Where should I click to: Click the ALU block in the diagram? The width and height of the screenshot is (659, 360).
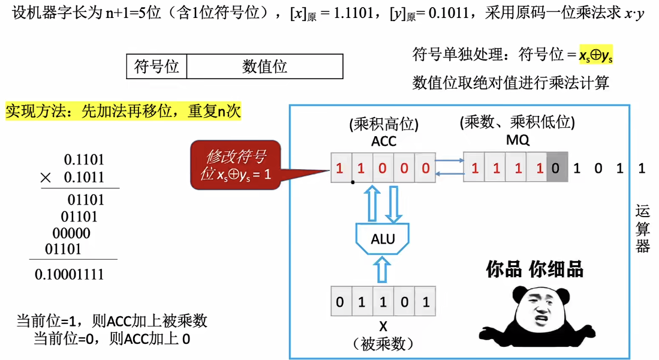383,239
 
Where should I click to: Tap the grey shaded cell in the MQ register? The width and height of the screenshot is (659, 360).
555,168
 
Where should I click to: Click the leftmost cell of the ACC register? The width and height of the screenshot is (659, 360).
340,168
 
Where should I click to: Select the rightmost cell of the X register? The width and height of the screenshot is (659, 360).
426,301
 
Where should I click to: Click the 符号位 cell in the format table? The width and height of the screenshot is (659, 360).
157,67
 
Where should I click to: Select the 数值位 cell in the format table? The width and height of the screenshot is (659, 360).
264,67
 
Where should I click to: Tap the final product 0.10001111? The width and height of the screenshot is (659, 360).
70,275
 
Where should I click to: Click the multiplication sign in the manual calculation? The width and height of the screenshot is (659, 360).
45,178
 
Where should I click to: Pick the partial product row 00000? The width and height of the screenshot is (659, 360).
71,233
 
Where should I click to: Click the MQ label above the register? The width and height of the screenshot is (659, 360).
516,140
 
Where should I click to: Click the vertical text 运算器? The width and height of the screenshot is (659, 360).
643,229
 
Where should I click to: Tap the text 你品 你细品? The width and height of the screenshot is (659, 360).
534,269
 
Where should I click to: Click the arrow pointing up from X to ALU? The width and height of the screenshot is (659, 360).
383,269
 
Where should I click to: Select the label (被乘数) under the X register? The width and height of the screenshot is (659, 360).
382,344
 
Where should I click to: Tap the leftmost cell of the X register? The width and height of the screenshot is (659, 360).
340,301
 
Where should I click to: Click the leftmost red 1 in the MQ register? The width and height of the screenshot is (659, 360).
474,168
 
